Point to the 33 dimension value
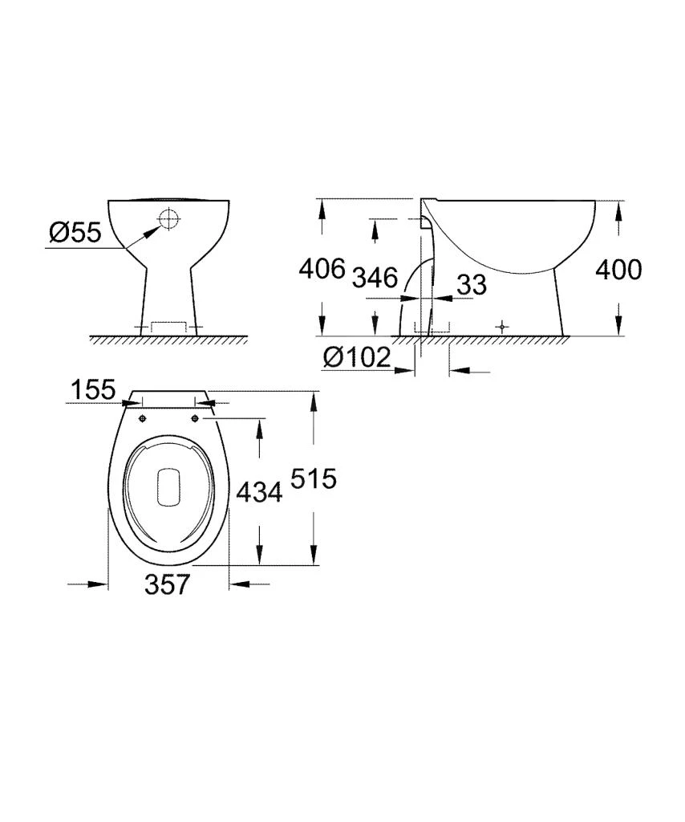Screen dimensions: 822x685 (471, 283)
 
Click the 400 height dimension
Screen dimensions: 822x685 (618, 270)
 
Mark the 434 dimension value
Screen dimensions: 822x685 (258, 491)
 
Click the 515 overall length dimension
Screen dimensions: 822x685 (312, 478)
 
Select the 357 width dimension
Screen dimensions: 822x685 (168, 584)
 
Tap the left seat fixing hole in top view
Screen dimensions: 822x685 (142, 418)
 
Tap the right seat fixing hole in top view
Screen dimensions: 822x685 (196, 418)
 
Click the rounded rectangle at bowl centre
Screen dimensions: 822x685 (168, 486)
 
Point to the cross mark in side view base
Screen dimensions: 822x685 (502, 327)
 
